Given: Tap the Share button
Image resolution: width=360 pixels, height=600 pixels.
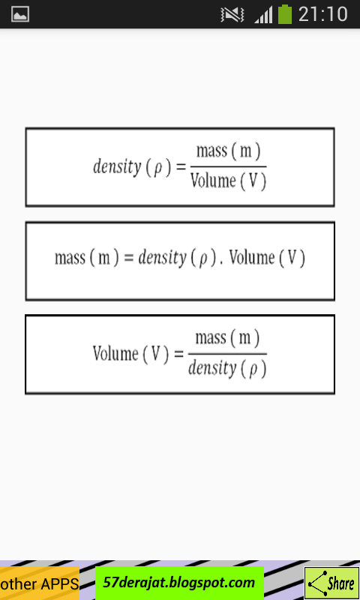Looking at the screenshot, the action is [331, 583].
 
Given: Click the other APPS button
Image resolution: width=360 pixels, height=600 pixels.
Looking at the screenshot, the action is [40, 583].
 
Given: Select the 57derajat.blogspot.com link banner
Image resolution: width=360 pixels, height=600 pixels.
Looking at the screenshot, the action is [179, 583].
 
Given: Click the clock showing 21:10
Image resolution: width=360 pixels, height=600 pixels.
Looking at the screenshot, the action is [323, 14].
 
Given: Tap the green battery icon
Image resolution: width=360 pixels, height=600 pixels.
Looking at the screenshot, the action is [285, 14].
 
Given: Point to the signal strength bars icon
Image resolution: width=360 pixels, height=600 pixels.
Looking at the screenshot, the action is [263, 15].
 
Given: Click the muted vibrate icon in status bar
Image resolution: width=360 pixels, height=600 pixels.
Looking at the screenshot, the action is [232, 15].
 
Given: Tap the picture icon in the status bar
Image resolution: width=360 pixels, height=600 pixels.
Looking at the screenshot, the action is [20, 14].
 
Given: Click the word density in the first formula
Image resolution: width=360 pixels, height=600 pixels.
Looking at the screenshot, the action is [118, 166].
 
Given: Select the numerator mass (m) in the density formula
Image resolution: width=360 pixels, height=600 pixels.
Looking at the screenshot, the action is [229, 151].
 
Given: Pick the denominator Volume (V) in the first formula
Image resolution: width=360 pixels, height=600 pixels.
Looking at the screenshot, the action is [229, 181].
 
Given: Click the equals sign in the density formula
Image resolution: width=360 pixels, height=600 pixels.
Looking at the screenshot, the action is [181, 166].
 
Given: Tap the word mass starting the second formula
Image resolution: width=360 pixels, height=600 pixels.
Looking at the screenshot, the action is [70, 257].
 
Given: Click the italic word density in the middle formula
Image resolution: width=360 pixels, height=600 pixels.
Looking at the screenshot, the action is [162, 257].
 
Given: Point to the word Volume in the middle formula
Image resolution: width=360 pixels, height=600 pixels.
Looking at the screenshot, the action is [252, 257].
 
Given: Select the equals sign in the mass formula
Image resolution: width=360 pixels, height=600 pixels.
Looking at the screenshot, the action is [129, 257].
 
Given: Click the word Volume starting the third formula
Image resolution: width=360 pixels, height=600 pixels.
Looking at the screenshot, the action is [115, 353].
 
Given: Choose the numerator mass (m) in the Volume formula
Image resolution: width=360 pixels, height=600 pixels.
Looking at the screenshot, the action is [228, 338].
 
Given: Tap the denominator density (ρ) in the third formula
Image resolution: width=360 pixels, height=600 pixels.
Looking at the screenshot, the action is [227, 368].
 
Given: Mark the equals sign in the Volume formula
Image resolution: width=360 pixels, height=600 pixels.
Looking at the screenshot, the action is [178, 353].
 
